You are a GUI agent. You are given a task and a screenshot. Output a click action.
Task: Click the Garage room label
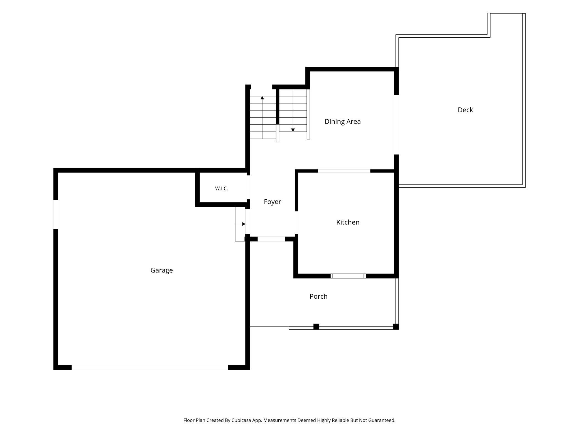click(161, 270)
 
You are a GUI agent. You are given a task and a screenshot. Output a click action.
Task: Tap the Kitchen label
click(348, 222)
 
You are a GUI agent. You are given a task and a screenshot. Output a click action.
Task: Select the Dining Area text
click(342, 121)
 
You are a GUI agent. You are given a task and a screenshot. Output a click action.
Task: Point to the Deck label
click(465, 110)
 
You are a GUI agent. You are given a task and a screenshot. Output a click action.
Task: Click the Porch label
click(318, 296)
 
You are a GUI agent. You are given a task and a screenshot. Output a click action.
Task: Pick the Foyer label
click(272, 202)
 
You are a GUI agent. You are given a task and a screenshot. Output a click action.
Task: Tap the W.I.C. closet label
click(222, 188)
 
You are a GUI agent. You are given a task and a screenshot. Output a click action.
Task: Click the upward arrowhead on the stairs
click(262, 98)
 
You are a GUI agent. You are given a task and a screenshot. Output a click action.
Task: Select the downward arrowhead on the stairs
click(293, 130)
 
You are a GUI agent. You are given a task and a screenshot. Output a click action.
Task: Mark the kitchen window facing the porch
click(348, 276)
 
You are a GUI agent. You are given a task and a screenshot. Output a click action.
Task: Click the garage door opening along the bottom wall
click(150, 368)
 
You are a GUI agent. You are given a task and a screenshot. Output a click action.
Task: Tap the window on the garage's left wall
click(56, 214)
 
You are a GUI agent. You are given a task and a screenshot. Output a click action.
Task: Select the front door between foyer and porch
click(271, 239)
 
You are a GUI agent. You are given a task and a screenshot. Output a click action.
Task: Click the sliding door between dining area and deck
click(396, 125)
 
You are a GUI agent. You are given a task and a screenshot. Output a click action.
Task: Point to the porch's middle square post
click(316, 327)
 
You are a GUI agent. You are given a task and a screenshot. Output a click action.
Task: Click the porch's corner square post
click(396, 327)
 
